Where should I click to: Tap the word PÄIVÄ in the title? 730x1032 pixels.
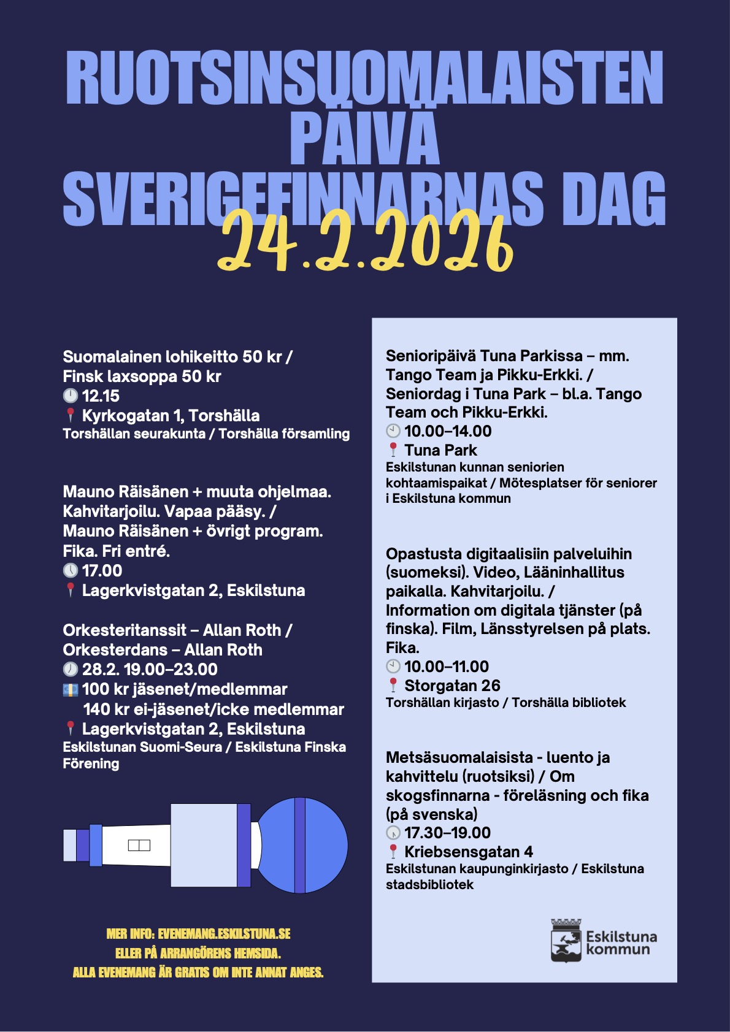364,138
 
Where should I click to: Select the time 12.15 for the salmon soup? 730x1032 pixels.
101,396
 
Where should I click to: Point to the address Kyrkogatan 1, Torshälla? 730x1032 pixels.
171,416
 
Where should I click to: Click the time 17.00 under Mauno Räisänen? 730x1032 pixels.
102,571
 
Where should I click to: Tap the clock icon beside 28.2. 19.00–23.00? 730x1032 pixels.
71,670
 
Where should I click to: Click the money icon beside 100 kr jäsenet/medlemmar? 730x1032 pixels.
71,690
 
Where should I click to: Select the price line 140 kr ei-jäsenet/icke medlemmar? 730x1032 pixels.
213,709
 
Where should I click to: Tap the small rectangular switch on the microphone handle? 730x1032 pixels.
139,846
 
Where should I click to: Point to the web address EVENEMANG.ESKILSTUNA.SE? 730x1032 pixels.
224,934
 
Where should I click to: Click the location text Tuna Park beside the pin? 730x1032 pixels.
440,450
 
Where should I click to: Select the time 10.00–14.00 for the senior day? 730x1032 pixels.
448,431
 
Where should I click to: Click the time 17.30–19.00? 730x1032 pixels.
447,833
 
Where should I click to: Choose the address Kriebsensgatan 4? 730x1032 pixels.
468,852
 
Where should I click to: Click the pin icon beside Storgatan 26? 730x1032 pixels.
393,686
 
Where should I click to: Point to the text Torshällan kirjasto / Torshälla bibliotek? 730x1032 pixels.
505,703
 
